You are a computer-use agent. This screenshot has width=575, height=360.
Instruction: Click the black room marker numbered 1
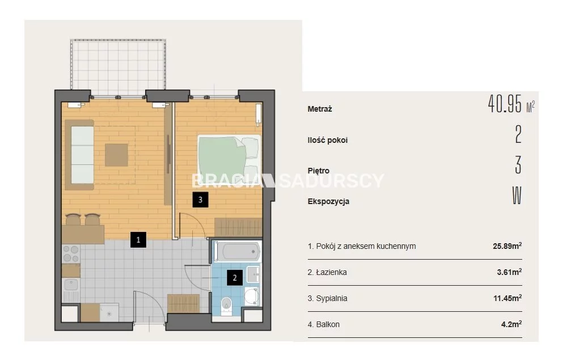point(138,240)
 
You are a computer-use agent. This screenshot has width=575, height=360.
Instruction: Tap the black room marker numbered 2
point(235,278)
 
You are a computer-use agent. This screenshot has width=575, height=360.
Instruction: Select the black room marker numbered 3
point(200,200)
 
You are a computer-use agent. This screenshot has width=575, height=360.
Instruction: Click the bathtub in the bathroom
point(238,252)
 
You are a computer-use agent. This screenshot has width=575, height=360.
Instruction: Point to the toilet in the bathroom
point(227,306)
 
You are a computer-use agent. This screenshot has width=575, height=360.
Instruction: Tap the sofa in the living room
point(79,155)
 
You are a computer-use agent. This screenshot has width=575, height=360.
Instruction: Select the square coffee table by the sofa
point(117,155)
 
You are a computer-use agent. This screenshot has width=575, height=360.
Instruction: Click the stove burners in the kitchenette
point(71,254)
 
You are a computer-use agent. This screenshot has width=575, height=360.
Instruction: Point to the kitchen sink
point(71,285)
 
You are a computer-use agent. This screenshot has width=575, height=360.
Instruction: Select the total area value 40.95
point(505,104)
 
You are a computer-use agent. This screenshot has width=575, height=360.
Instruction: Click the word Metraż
point(320,109)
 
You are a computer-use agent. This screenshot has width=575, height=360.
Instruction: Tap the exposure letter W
point(517,196)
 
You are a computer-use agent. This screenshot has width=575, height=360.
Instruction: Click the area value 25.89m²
point(507,246)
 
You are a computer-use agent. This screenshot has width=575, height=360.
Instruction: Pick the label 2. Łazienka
point(327,272)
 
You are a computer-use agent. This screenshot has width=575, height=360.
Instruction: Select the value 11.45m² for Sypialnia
point(508,298)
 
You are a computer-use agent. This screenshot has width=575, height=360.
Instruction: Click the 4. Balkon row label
point(323,324)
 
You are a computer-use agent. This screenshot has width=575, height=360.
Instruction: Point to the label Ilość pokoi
point(327,140)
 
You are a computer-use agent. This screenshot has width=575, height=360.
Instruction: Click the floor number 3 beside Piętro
point(518,164)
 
